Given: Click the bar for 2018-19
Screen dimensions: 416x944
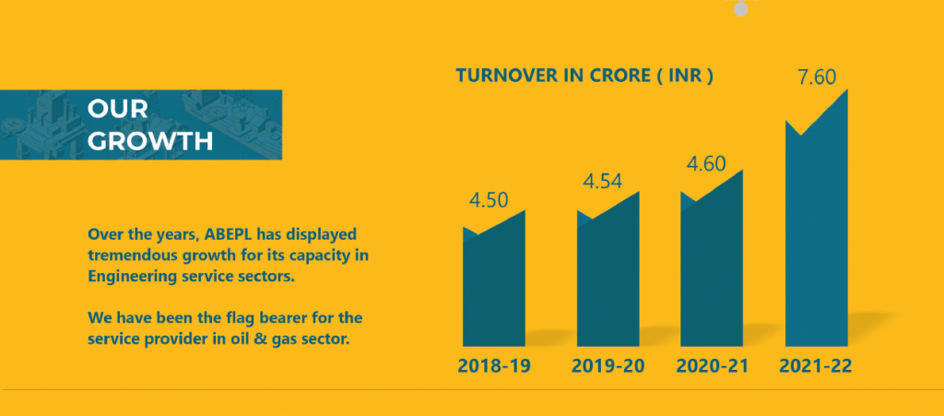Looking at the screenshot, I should tap(494, 286).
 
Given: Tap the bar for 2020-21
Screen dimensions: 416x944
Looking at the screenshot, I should tap(712, 272).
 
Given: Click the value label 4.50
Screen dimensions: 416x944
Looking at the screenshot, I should tap(490, 200).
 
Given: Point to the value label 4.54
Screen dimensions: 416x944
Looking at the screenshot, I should tap(603, 181).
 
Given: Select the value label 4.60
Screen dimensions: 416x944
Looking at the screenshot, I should tap(706, 165).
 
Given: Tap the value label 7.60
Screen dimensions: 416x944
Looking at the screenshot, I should tap(817, 77).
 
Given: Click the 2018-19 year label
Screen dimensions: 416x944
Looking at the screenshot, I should tap(494, 366).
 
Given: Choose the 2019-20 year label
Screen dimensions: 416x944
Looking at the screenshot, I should tap(608, 366).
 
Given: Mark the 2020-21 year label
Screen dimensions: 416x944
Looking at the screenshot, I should tap(713, 366).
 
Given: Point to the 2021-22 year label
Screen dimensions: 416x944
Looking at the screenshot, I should tap(816, 366).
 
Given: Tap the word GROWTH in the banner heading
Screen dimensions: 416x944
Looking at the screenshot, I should tap(150, 141).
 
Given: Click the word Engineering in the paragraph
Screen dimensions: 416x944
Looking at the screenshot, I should tap(134, 275).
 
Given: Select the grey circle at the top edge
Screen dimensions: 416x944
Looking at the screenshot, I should tap(740, 7).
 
